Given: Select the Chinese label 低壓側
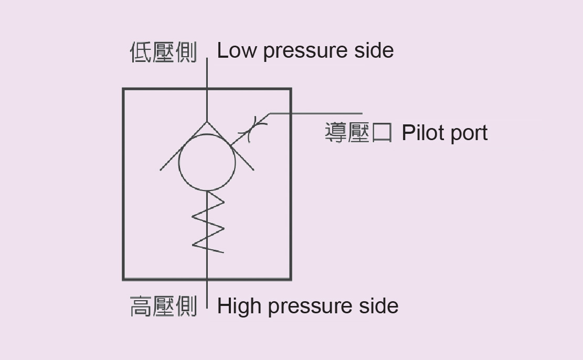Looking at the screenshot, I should click(163, 52).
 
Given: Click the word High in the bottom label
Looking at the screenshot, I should click(240, 306).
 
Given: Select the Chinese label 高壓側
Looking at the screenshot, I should click(163, 306).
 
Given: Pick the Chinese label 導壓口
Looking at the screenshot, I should click(358, 133).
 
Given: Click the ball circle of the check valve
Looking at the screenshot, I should click(207, 162).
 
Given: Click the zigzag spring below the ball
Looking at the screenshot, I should click(208, 223).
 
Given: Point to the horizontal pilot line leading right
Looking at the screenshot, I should click(315, 113).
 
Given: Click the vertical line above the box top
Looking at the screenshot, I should click(207, 73).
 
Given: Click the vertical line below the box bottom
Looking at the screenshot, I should click(207, 294).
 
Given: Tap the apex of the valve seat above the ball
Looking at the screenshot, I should click(207, 122).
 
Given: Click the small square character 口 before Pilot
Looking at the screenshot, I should click(382, 133).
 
